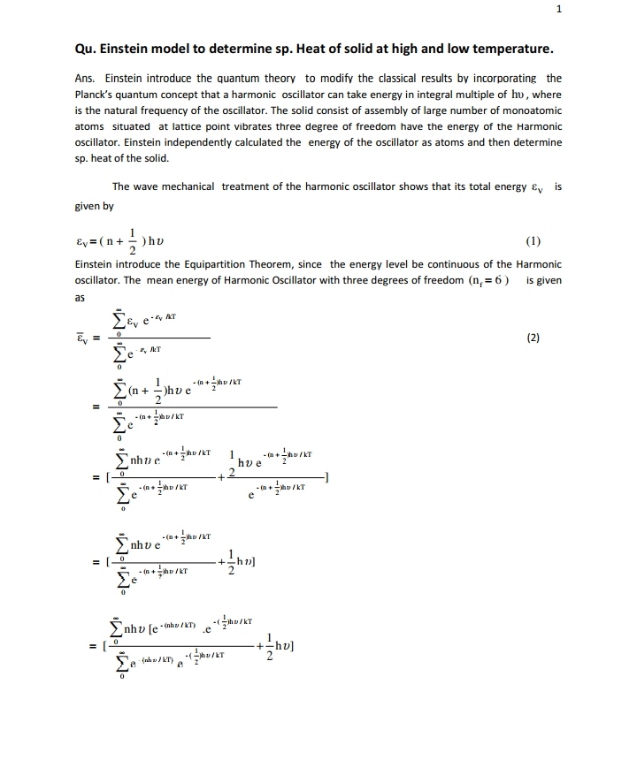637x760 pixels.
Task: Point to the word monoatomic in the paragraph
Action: pyautogui.click(x=529, y=110)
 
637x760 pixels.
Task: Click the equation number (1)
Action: pyautogui.click(x=533, y=240)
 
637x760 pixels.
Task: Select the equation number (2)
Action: pyautogui.click(x=533, y=337)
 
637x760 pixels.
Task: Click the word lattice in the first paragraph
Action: pyautogui.click(x=178, y=126)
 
